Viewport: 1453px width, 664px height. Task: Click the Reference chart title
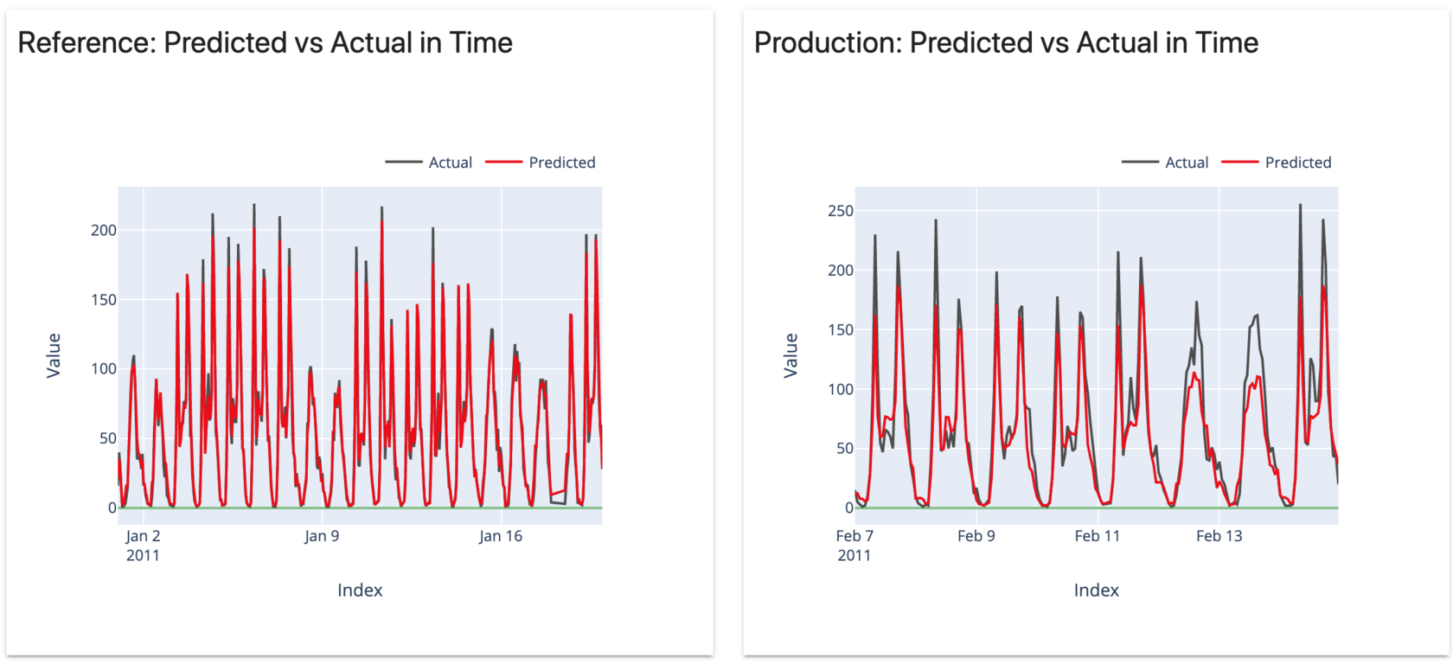[265, 42]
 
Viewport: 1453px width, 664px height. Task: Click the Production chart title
[1006, 42]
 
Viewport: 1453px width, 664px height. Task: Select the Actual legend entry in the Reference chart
[450, 163]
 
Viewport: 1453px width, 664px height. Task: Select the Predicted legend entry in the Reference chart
[561, 163]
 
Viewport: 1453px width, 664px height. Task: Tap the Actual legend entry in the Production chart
[1186, 163]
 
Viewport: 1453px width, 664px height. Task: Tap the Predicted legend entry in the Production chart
[1297, 163]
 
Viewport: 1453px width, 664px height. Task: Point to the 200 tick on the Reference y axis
[104, 230]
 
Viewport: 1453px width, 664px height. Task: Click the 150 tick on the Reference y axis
[104, 300]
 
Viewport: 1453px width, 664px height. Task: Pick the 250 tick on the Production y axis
[840, 211]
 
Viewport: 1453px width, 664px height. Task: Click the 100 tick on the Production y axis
[840, 389]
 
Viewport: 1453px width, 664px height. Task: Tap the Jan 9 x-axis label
[322, 536]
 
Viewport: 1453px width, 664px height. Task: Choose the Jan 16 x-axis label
[501, 536]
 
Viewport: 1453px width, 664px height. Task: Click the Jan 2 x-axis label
[143, 536]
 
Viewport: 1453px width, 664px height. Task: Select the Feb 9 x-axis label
[976, 536]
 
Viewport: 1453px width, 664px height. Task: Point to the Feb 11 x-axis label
[1098, 536]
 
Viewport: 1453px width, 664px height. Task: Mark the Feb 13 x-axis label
[1219, 536]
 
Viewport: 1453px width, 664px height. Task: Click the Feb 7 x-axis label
[855, 536]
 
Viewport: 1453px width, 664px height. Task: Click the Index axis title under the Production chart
[1096, 591]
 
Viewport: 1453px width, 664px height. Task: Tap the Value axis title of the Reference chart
[54, 355]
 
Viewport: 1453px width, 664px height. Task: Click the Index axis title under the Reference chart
[360, 591]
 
